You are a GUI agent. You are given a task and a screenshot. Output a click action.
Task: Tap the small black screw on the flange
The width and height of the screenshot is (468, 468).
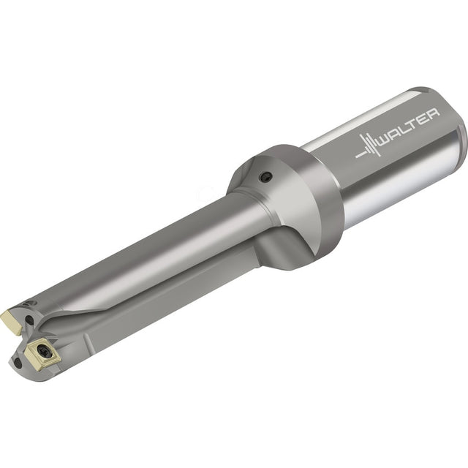click(x=265, y=177)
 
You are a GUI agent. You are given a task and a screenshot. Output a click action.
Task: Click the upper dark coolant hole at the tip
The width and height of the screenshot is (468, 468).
click(x=29, y=320)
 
